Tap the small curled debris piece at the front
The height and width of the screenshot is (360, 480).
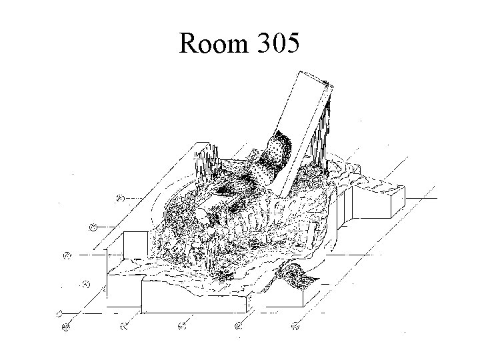pos(293,273)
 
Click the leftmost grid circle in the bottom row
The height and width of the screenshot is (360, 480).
pos(66,326)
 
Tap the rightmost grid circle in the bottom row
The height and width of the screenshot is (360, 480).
pos(296,326)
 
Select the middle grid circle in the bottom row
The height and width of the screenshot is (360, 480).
pos(181,326)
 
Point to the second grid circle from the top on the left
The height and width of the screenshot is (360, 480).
pos(93,227)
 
